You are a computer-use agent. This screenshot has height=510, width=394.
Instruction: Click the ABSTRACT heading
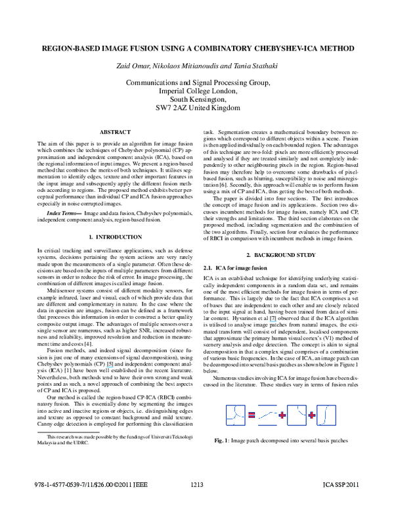116,132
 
